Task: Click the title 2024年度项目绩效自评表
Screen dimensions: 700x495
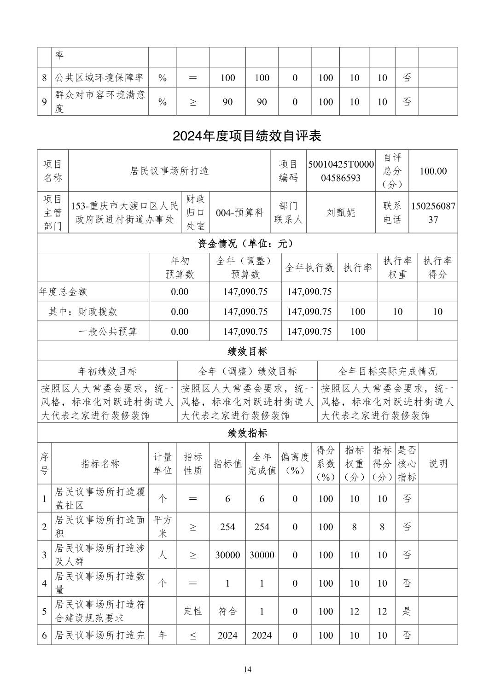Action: coord(247,136)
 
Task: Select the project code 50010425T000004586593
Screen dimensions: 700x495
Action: coord(341,171)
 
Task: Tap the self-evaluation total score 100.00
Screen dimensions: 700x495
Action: coord(433,171)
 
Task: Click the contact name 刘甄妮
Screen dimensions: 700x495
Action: coord(341,213)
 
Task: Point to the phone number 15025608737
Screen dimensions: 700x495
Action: coord(433,213)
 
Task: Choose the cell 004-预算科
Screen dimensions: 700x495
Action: coord(239,213)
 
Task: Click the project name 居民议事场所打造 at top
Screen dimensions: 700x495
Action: coord(169,171)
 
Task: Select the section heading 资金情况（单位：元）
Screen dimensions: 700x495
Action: coord(247,244)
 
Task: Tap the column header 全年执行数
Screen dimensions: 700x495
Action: coord(309,268)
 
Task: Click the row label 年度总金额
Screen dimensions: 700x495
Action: coord(64,292)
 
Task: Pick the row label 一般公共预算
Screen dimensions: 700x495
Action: coord(108,332)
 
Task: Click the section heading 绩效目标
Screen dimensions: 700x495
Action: coord(247,351)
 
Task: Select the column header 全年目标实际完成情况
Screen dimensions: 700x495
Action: coord(387,371)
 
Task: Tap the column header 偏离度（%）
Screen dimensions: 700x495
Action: coord(295,464)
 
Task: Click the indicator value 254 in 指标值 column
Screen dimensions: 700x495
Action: coord(227,527)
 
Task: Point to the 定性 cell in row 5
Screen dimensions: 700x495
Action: coord(193,611)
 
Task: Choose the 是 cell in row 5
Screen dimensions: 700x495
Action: coord(407,611)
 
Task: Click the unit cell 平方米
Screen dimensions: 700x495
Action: coord(163,527)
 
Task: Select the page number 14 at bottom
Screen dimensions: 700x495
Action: coord(248,669)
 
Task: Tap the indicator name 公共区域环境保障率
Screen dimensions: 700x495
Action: coord(99,78)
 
